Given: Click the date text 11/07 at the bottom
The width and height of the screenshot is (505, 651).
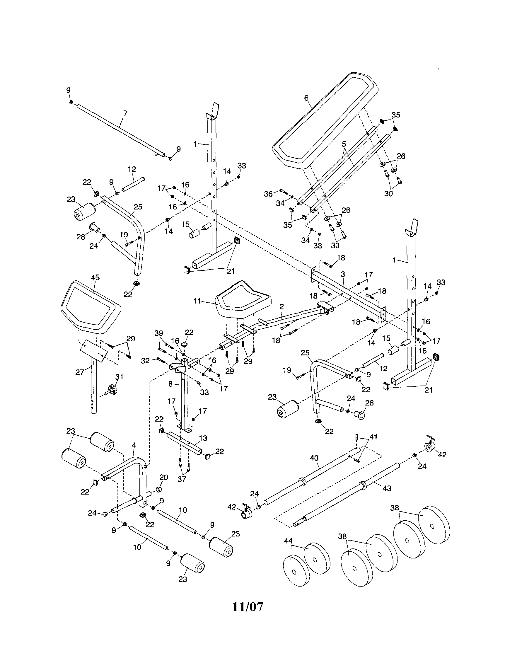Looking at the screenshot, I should click(x=248, y=606).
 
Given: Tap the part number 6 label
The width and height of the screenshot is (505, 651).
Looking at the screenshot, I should click(x=306, y=98).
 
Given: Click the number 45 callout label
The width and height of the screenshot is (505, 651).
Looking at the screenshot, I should click(x=95, y=277).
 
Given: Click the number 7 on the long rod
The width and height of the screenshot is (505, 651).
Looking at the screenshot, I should click(x=125, y=113).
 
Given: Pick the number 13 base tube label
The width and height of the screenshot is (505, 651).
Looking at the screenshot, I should click(x=203, y=438).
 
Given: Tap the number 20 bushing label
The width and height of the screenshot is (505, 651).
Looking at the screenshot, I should click(x=163, y=477).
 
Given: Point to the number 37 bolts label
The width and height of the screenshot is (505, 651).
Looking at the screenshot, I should click(x=182, y=479).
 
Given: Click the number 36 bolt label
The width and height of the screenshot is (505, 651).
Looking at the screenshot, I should click(x=268, y=194).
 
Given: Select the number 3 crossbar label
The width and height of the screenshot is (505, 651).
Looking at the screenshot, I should click(x=343, y=274).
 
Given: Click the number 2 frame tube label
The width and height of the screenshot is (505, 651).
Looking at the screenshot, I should click(x=281, y=306).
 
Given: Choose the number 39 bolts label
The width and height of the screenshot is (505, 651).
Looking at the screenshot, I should click(x=159, y=333).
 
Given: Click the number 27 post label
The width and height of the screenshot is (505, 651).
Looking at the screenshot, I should click(x=80, y=372).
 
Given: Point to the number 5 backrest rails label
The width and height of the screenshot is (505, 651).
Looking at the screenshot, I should click(x=344, y=144).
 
